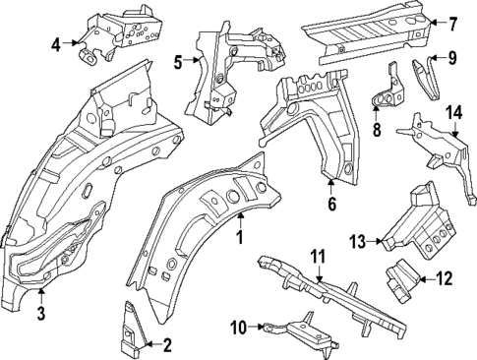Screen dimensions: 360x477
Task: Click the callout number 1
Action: [x=238, y=236]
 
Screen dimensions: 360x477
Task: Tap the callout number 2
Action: [x=166, y=344]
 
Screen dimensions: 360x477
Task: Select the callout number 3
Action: [x=41, y=314]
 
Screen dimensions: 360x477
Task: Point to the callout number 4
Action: [x=56, y=43]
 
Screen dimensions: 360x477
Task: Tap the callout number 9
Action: [x=451, y=58]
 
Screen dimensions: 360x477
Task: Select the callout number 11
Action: [x=316, y=257]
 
